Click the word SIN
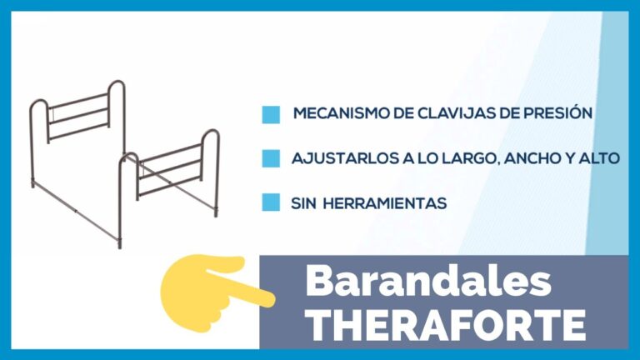click(303, 203)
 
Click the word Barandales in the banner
click(427, 281)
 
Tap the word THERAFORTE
click(447, 325)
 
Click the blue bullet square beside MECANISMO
click(271, 115)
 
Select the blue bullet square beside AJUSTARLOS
click(271, 158)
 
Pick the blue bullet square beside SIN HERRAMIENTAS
click(271, 202)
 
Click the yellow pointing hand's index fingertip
click(269, 299)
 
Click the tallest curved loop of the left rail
click(117, 82)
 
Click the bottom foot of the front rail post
click(120, 245)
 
